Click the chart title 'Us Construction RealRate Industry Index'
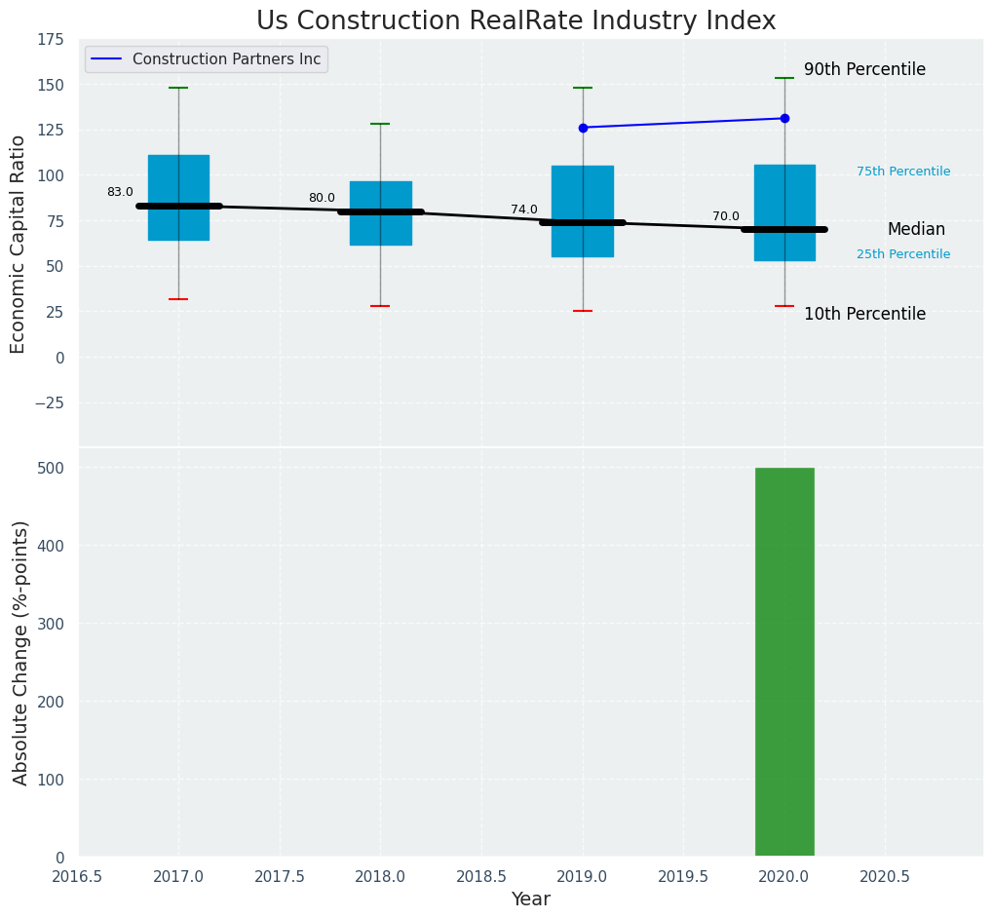(x=516, y=21)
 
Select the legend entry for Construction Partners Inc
(x=226, y=59)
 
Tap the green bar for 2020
(x=784, y=662)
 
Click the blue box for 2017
(x=178, y=197)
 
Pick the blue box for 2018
(x=380, y=212)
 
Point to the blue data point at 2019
(x=583, y=128)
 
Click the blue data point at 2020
(x=784, y=118)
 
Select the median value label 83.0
(x=120, y=192)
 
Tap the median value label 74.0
(x=524, y=210)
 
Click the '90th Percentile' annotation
(x=864, y=70)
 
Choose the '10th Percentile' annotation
(x=864, y=314)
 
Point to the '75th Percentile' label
(x=903, y=172)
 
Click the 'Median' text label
(x=916, y=230)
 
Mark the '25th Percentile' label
(x=903, y=254)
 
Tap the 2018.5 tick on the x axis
(x=480, y=877)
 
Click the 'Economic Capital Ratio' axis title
(x=19, y=244)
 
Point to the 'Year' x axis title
(x=531, y=899)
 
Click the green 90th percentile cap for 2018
(x=380, y=124)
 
